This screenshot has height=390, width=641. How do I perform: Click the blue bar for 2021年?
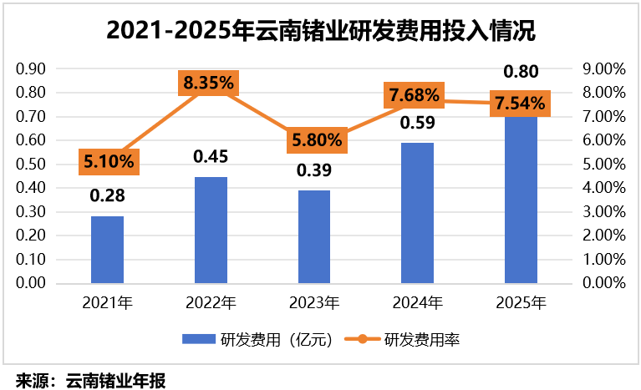(107, 250)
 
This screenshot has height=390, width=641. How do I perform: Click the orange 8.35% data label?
(211, 84)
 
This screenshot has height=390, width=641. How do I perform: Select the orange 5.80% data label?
(314, 139)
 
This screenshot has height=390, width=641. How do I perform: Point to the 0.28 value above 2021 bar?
(107, 197)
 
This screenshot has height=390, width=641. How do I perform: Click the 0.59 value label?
(417, 124)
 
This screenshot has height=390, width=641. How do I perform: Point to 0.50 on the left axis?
(32, 164)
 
